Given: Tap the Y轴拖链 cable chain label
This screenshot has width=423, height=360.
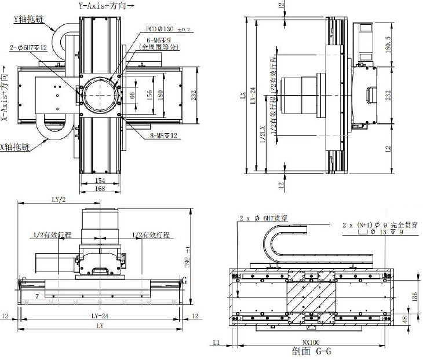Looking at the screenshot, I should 28,19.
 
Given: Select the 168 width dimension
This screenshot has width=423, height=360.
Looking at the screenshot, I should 99,189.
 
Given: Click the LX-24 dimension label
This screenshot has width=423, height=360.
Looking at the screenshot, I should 253,95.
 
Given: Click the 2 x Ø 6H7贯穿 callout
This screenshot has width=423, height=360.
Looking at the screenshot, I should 264,219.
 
